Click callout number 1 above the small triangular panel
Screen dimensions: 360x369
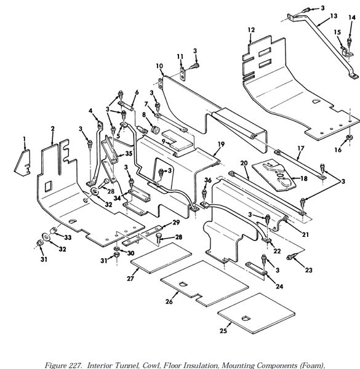coord(24,140)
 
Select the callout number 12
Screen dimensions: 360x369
coord(251,30)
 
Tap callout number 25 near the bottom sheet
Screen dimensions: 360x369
coord(223,331)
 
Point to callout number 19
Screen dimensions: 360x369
coord(221,144)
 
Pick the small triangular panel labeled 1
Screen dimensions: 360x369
coord(22,163)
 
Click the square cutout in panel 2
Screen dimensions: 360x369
coord(48,186)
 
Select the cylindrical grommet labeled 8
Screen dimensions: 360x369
coord(155,129)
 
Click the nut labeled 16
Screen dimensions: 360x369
coord(350,137)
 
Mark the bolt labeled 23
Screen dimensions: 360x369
coord(290,258)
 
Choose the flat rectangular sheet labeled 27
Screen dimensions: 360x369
coord(161,258)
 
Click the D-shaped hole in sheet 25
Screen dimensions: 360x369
coord(246,319)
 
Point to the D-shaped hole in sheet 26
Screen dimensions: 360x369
coord(183,284)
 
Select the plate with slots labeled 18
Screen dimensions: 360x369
coord(274,175)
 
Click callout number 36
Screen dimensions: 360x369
coord(208,180)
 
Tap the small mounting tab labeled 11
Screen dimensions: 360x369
coord(183,74)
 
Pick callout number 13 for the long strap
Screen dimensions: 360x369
coord(334,16)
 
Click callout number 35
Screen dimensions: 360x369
coord(129,154)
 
